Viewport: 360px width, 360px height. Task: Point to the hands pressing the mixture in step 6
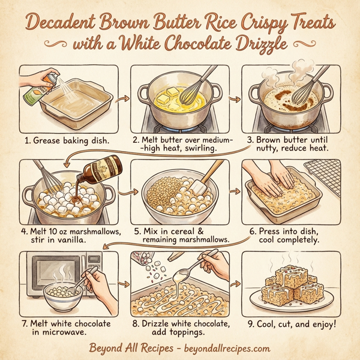click(x=277, y=179)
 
